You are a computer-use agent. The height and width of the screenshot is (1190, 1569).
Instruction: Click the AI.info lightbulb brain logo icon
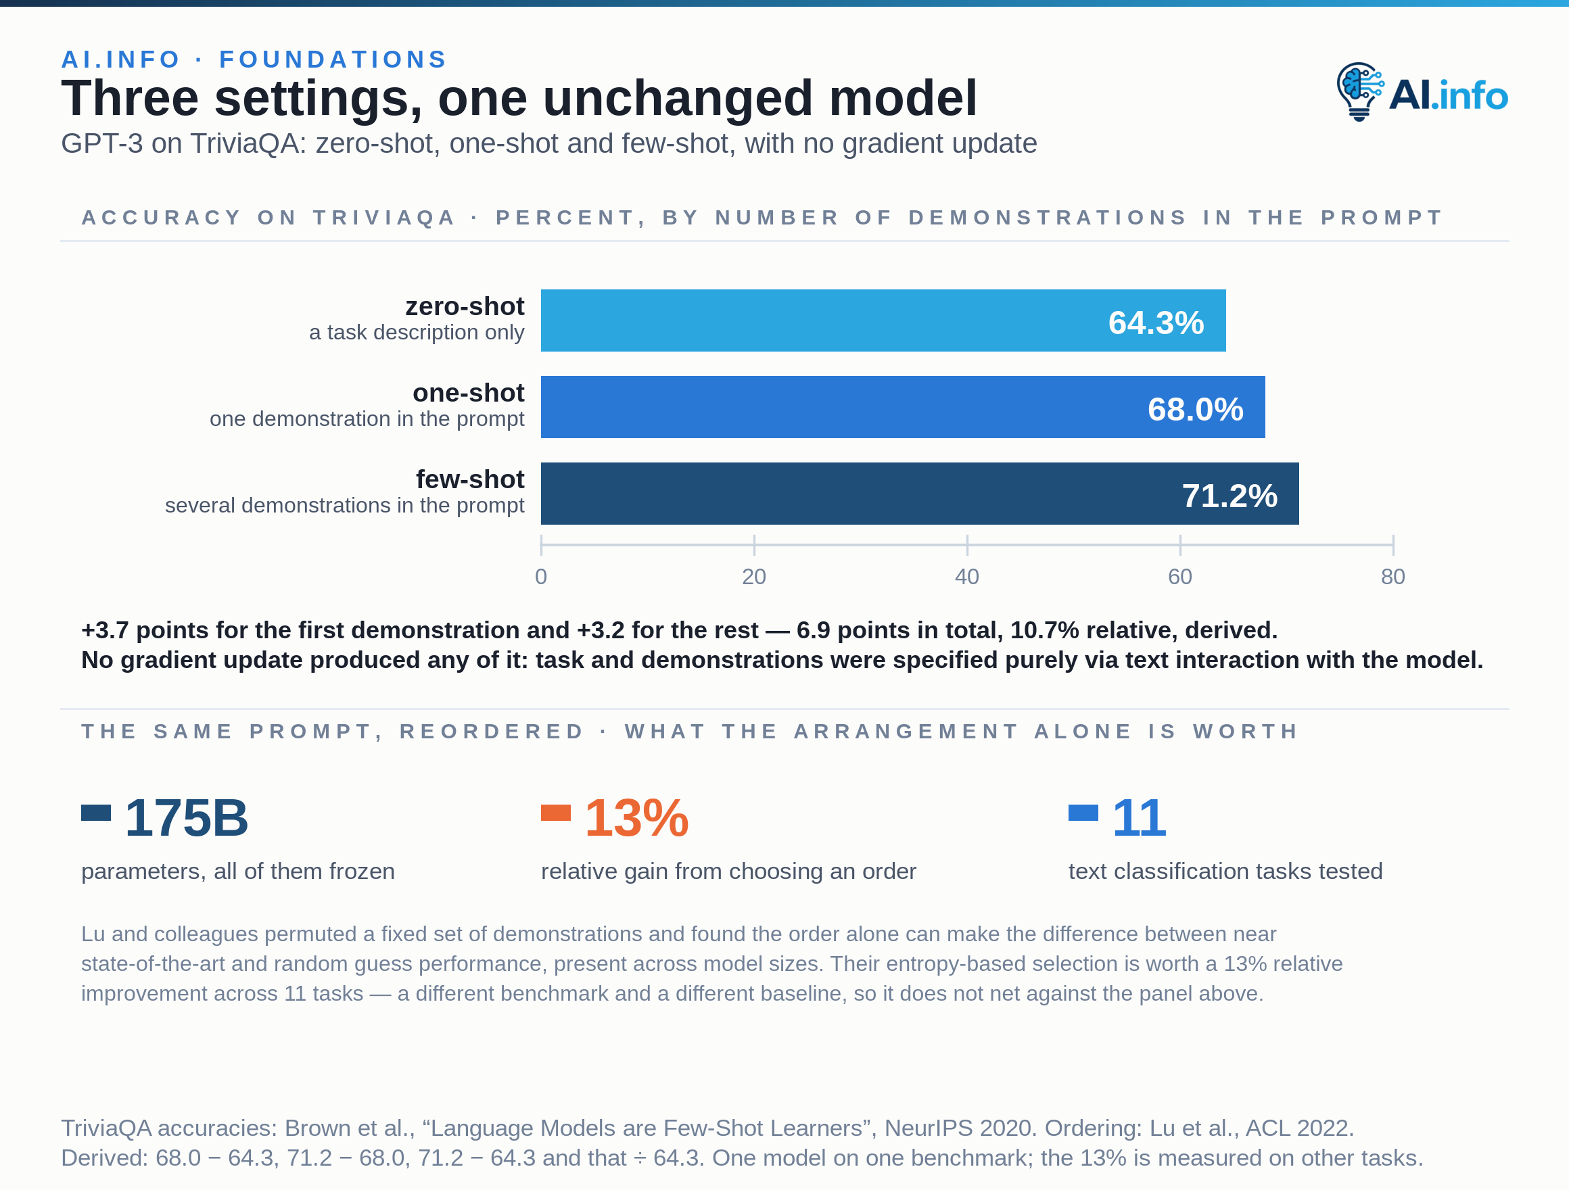1360,91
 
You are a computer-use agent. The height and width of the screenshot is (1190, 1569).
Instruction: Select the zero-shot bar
883,320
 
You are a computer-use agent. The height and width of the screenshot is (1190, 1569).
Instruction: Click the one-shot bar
903,407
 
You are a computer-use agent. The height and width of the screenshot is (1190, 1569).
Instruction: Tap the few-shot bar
920,494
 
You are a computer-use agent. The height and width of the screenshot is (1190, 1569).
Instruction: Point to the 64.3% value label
1156,323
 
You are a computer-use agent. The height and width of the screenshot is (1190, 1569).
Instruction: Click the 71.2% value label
1230,496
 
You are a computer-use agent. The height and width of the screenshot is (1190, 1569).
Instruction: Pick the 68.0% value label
1196,409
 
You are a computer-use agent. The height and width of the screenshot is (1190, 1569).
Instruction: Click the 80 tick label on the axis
1393,577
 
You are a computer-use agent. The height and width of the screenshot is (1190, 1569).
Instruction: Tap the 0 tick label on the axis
541,577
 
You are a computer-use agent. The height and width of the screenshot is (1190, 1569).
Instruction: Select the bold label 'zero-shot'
465,306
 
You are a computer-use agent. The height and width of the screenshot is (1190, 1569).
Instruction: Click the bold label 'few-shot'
470,479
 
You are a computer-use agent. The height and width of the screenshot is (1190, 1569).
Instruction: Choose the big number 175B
187,817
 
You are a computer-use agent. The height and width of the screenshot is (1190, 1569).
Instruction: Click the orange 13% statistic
636,817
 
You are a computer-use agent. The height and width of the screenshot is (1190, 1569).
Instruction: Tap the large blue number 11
1138,817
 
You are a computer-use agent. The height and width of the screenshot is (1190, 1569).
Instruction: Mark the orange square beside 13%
556,813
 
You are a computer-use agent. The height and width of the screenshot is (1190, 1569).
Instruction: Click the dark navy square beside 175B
96,813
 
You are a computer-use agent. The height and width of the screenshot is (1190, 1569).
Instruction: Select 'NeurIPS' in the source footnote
927,1128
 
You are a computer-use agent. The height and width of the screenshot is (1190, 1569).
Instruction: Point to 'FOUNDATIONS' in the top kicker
333,59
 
